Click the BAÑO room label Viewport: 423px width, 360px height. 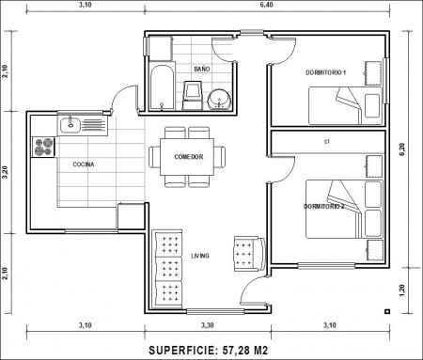tap(202, 69)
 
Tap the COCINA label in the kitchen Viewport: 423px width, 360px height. tap(84, 164)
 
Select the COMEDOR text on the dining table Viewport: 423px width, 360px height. tap(189, 157)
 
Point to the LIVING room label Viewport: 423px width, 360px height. tap(200, 256)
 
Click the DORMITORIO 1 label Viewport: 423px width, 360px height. tap(326, 72)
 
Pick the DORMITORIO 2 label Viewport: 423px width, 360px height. tap(324, 207)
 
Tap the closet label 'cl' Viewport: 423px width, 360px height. tap(327, 141)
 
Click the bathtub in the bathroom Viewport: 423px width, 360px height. tap(162, 86)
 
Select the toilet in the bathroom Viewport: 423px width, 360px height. tap(192, 95)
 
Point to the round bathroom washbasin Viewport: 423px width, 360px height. tap(219, 99)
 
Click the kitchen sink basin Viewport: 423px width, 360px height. tap(70, 124)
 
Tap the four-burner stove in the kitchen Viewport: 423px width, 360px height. tap(43, 147)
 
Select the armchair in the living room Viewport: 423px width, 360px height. tap(250, 254)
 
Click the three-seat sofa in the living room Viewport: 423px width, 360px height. tap(167, 268)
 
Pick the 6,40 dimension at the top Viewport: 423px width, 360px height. tap(266, 5)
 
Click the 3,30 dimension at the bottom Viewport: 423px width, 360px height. tap(208, 325)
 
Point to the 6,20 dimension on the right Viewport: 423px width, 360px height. tap(402, 149)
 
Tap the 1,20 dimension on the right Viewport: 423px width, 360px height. tap(402, 290)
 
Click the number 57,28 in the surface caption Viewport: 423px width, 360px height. tap(234, 351)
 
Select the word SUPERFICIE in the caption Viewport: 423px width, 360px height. tap(182, 351)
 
